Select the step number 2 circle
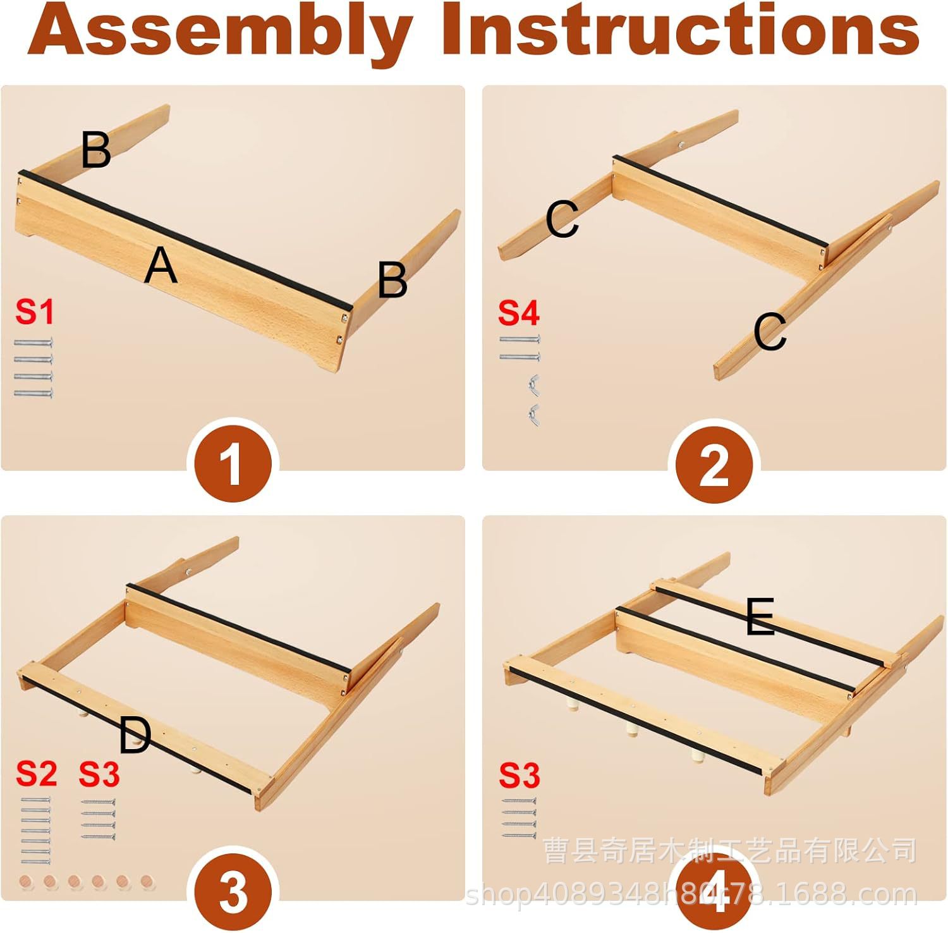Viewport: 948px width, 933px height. [x=714, y=465]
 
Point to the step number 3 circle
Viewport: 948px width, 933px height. [x=233, y=892]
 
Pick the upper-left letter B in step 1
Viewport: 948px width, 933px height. [x=96, y=149]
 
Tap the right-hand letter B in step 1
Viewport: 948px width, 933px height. [x=392, y=280]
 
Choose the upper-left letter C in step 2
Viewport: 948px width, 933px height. [x=562, y=219]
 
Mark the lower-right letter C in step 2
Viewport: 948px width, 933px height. [x=770, y=331]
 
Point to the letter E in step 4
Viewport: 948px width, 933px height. [x=760, y=617]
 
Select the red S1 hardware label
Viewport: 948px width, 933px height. [x=35, y=312]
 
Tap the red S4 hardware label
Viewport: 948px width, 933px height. [x=519, y=312]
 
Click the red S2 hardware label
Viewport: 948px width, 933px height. [x=37, y=773]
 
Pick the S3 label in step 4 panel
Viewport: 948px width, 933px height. [x=520, y=775]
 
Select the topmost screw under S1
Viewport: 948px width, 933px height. [x=33, y=343]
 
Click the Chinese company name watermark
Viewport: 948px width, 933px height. [x=730, y=851]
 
